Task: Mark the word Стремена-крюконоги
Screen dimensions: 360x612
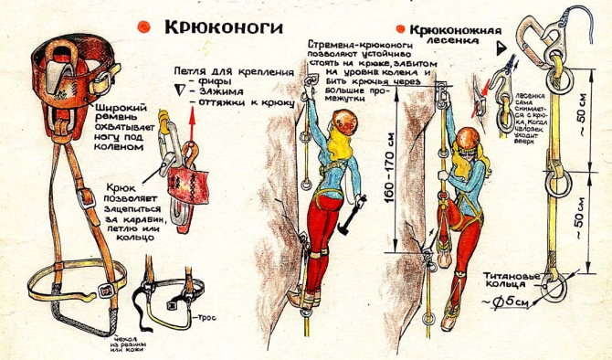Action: [353, 45]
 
